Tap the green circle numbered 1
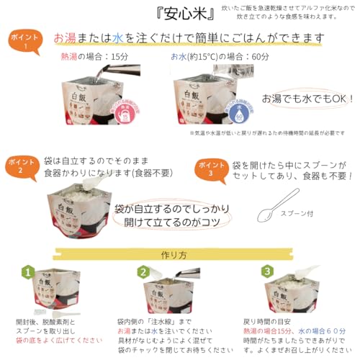(x=26, y=272)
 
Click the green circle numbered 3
(x=268, y=271)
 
